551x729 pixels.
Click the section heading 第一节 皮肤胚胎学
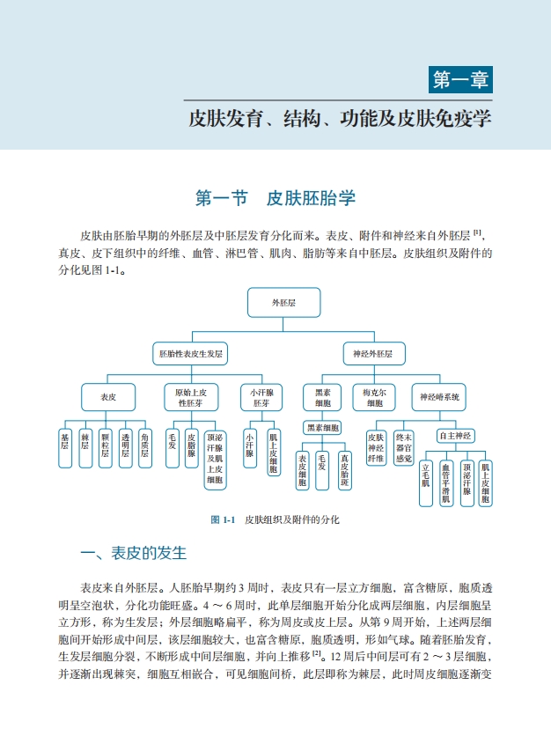pos(275,199)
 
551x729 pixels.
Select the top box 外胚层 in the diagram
pos(283,302)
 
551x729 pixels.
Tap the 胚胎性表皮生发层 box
pos(190,354)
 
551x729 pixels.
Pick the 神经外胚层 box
pos(372,354)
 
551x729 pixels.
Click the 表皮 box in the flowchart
pos(108,397)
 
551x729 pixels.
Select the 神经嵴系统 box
pos(440,397)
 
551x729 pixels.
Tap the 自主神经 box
pos(456,436)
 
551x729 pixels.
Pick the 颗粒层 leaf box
pos(105,442)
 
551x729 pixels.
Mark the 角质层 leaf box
pos(145,442)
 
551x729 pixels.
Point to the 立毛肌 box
pos(426,482)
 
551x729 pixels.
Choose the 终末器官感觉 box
pos(403,446)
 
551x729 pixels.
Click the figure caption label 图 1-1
pos(223,519)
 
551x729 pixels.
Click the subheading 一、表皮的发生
pos(134,554)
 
